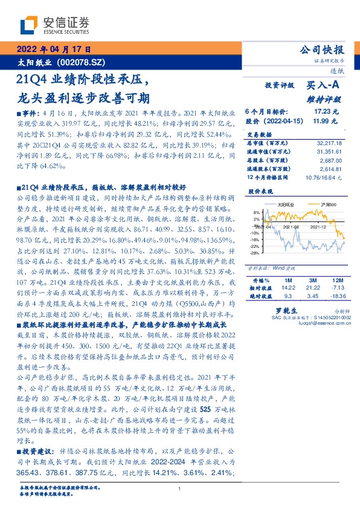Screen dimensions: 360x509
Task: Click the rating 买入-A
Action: pyautogui.click(x=324, y=86)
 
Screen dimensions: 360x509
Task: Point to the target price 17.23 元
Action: pyautogui.click(x=326, y=112)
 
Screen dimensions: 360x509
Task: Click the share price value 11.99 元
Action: pyautogui.click(x=326, y=121)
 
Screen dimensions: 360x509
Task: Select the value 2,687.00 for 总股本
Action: pyautogui.click(x=330, y=162)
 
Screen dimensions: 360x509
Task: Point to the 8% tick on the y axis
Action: pyautogui.click(x=256, y=213)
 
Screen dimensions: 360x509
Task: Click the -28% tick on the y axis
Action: pyautogui.click(x=255, y=253)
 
